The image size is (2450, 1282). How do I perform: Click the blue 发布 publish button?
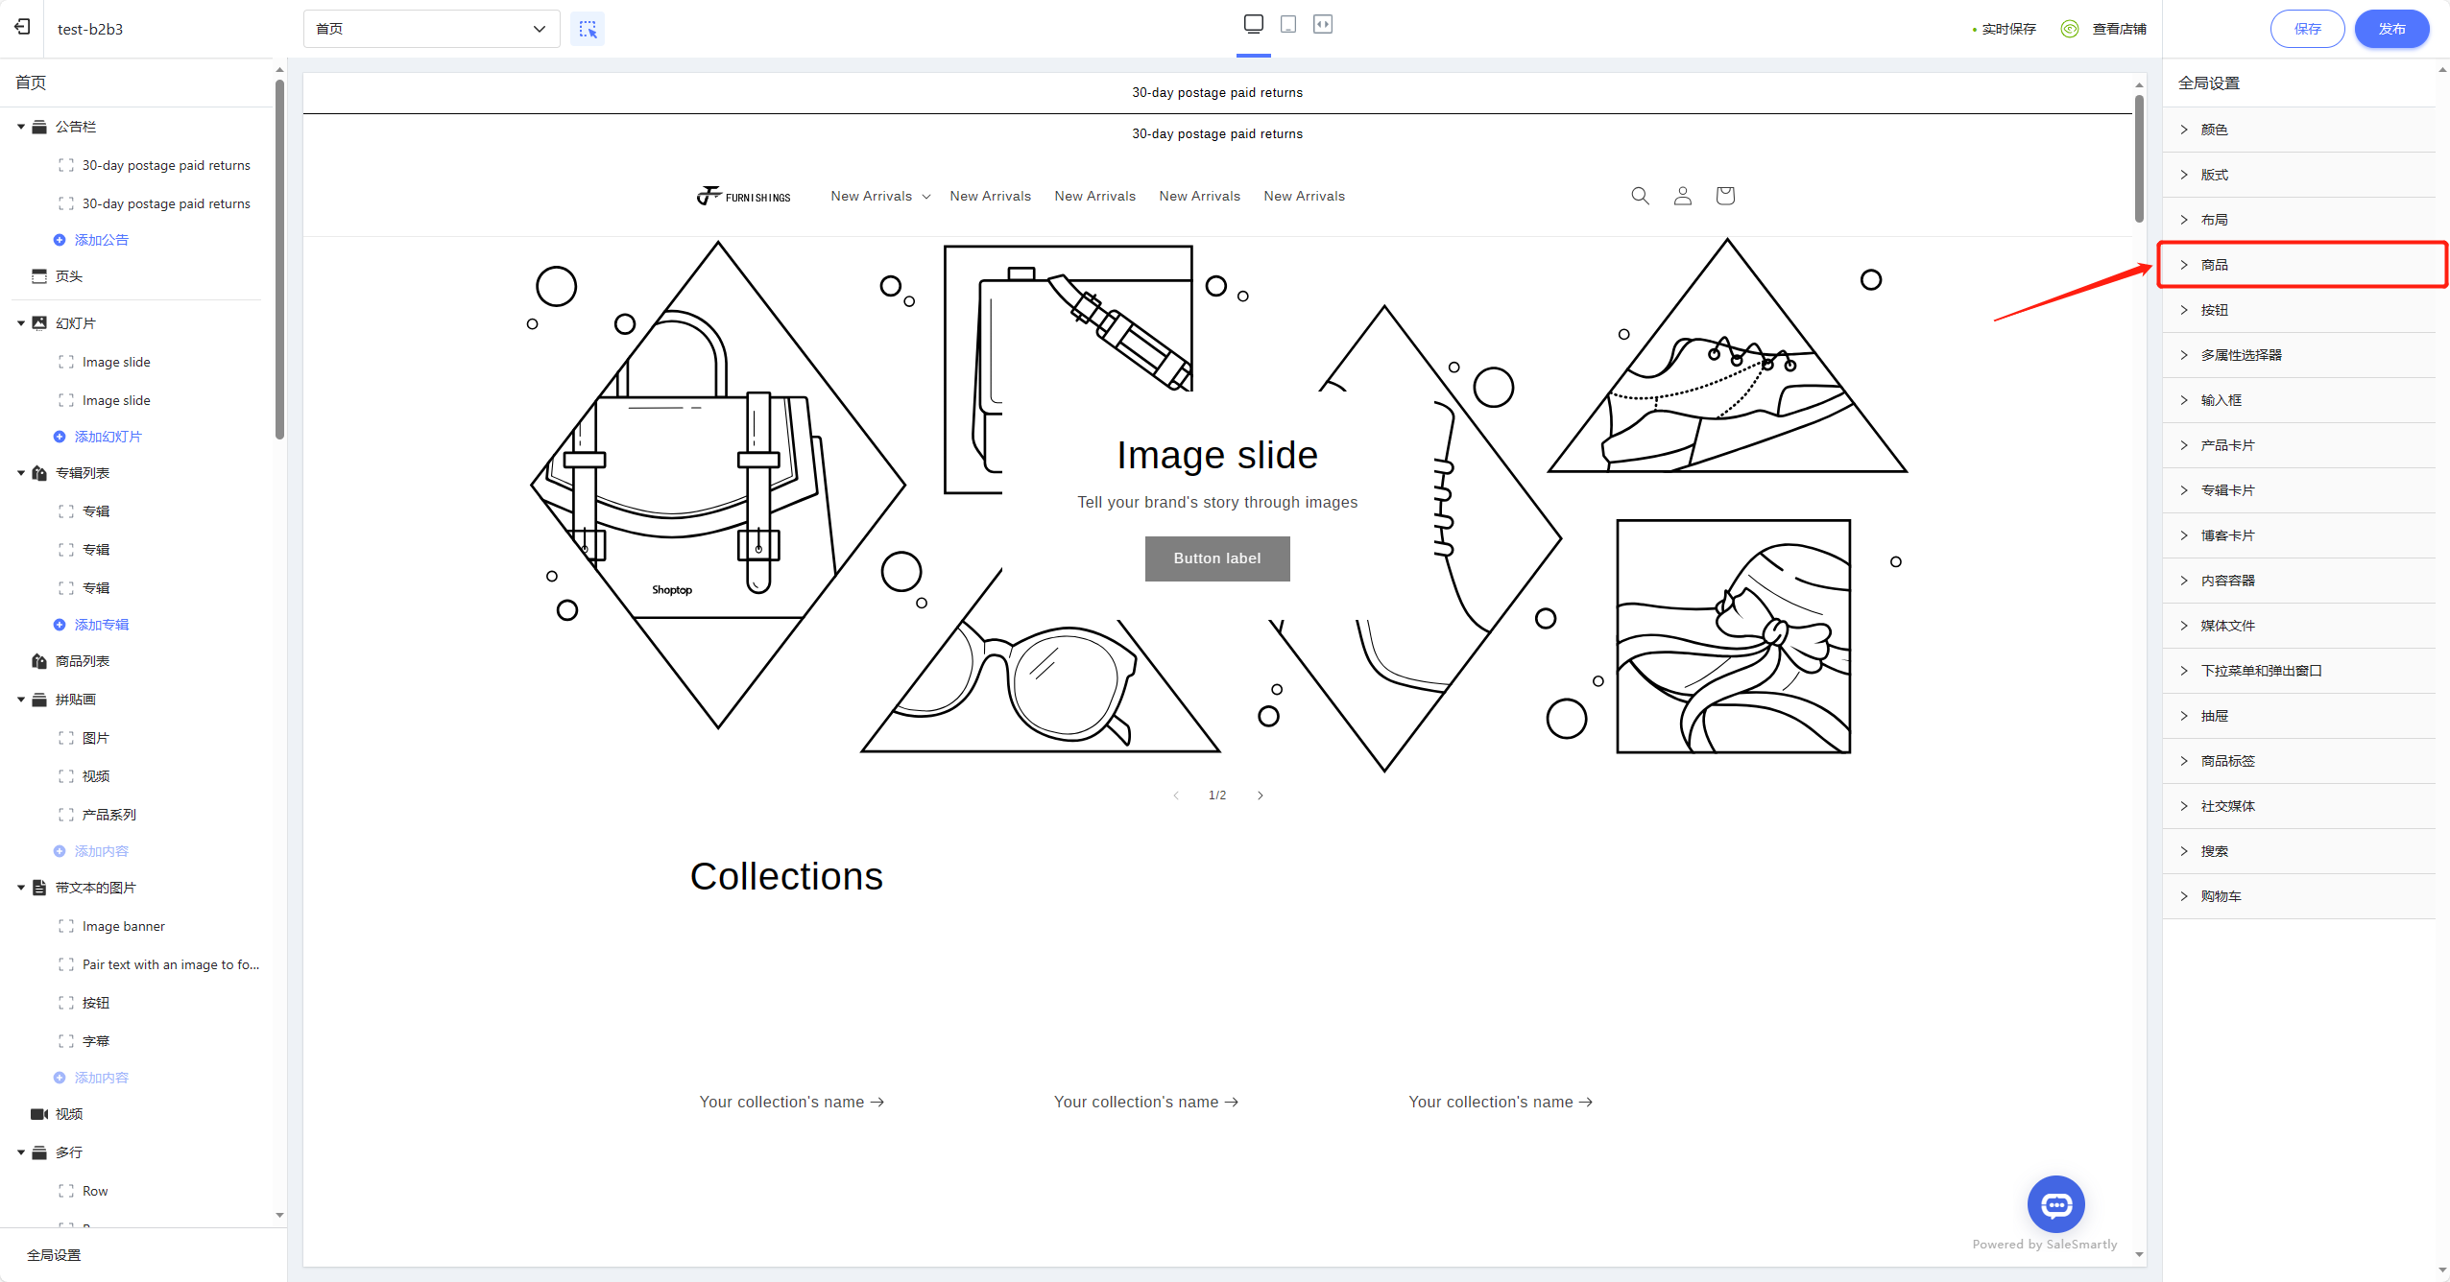coord(2391,29)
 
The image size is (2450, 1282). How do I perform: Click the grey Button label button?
coord(1217,558)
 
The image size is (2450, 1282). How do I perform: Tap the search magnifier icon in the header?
coord(1641,196)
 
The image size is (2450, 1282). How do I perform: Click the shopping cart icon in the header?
coord(1725,196)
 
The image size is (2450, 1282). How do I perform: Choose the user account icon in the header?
coord(1683,196)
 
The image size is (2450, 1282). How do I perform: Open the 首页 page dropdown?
coord(432,29)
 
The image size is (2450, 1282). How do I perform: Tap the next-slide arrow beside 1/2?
coord(1261,795)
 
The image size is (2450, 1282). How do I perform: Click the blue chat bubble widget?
coord(2056,1204)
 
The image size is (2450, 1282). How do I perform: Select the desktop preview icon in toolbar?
coord(1254,24)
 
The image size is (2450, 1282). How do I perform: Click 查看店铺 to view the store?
coord(2120,29)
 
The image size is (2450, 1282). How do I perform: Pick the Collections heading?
coord(786,876)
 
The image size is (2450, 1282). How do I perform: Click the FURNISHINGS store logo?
coord(744,196)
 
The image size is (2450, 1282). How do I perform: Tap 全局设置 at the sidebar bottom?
coord(54,1255)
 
